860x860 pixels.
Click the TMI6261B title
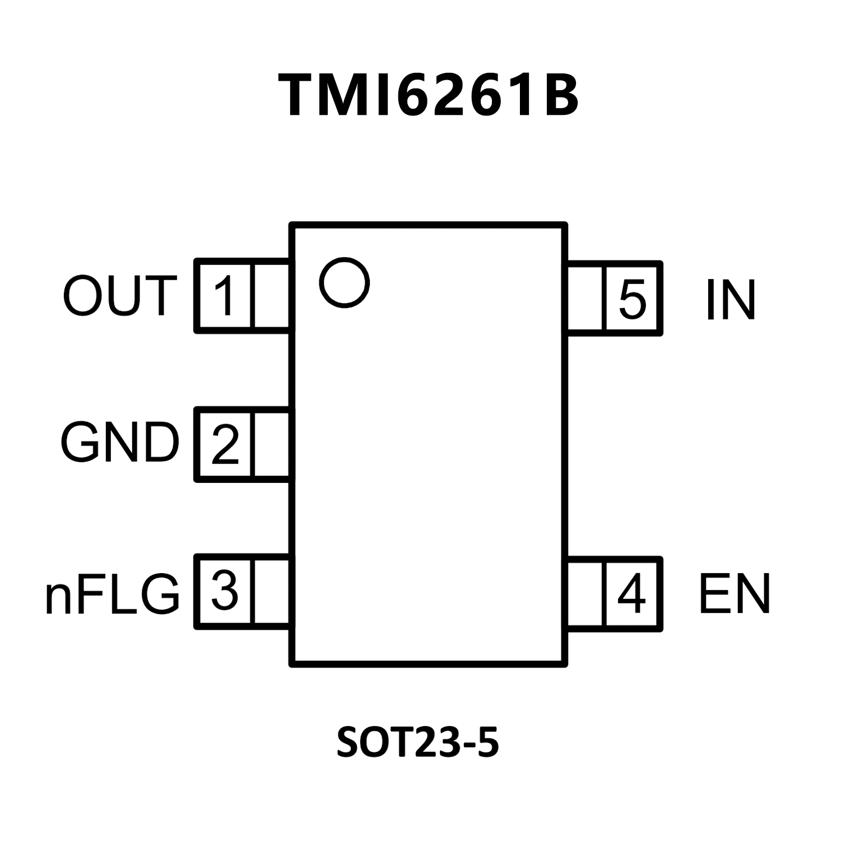[x=429, y=96]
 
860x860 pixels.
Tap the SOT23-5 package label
[x=417, y=742]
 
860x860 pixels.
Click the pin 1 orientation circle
[x=345, y=282]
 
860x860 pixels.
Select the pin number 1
[x=225, y=296]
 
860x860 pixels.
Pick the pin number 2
[x=225, y=444]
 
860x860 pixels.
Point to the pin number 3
[x=225, y=591]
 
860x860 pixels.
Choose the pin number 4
[x=631, y=594]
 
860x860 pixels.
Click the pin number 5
[x=633, y=299]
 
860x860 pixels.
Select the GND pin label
[x=119, y=443]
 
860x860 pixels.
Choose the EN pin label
[x=735, y=594]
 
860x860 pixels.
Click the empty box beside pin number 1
[x=272, y=296]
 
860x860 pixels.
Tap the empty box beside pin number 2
[x=272, y=444]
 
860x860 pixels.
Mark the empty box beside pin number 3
[x=272, y=591]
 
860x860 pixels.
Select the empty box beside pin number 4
[x=585, y=594]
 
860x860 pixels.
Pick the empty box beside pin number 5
[x=585, y=299]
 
